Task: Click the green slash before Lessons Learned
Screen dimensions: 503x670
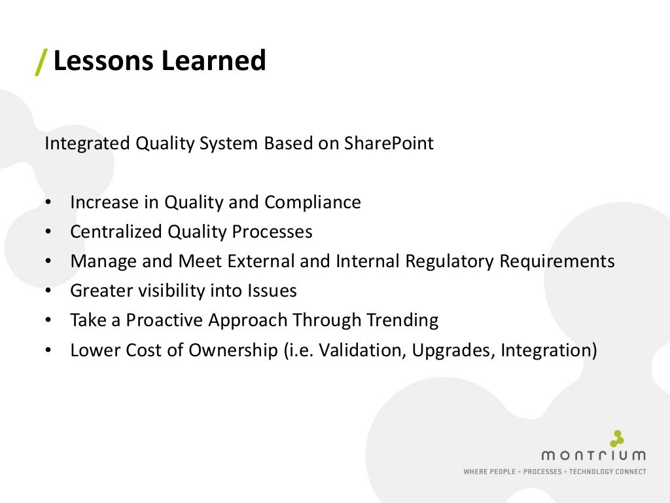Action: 41,61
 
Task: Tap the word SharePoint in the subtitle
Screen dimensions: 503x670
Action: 389,143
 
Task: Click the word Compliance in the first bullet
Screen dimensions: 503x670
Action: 312,202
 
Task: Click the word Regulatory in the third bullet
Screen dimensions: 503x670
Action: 450,261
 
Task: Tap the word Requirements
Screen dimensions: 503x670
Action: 557,261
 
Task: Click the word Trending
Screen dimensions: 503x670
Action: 402,320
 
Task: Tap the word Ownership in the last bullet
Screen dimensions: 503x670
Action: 234,350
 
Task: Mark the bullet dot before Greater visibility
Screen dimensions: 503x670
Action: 49,291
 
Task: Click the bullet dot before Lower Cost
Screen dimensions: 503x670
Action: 49,351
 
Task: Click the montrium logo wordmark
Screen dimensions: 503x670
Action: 593,455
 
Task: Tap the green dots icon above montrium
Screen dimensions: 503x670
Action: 616,438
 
